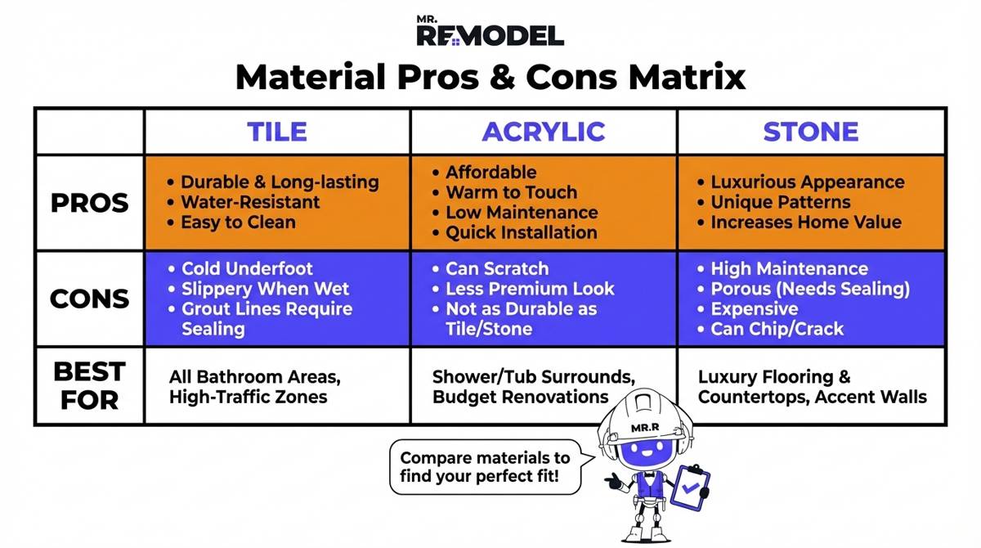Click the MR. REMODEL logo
point(490,31)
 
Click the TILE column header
point(277,132)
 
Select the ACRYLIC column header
point(543,132)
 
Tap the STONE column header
point(810,132)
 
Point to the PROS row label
point(89,203)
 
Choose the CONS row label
point(89,299)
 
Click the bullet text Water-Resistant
point(250,202)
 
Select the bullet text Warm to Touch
point(511,192)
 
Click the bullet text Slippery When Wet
point(265,289)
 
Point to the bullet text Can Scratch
point(496,269)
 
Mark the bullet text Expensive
point(754,309)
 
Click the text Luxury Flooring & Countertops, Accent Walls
point(812,387)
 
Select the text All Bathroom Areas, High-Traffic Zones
point(254,387)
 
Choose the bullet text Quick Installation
point(521,232)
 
